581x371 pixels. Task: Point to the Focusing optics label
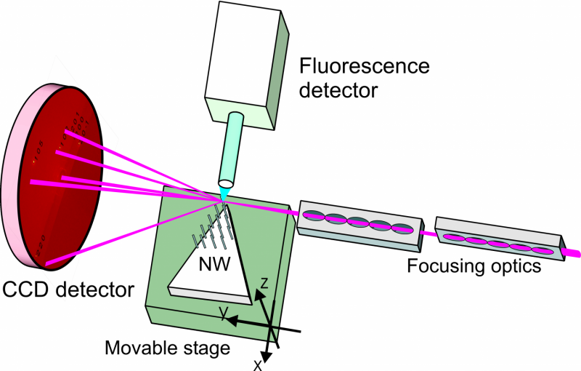point(474,266)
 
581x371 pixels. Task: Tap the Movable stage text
point(166,348)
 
